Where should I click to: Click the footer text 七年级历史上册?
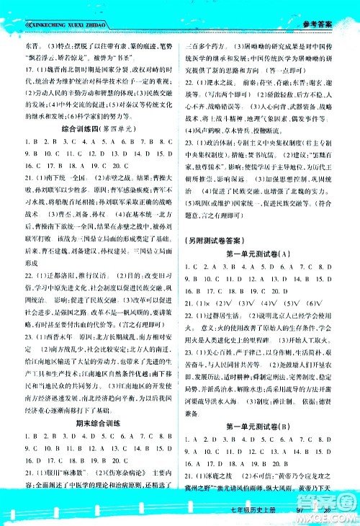[270, 512]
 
